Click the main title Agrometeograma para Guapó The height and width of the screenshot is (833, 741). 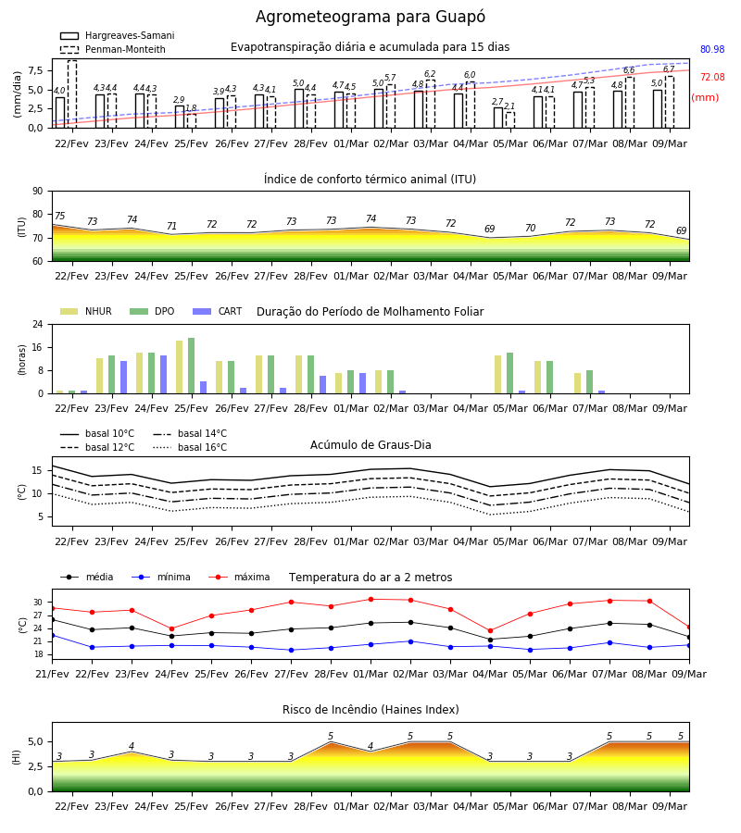click(x=370, y=17)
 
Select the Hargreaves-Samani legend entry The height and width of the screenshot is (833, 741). click(x=118, y=35)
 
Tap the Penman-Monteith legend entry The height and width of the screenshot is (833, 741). click(x=113, y=49)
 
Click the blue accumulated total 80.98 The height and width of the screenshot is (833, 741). click(x=712, y=49)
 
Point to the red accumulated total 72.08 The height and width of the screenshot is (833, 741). click(x=712, y=77)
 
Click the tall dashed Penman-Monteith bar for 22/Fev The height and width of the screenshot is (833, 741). click(x=72, y=94)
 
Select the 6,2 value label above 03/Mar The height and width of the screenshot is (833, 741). click(x=430, y=74)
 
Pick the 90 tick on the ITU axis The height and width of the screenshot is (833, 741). click(x=38, y=192)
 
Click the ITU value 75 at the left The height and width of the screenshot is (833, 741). click(x=59, y=216)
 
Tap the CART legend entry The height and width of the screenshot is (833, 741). click(x=218, y=311)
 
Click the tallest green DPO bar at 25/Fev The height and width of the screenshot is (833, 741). click(x=192, y=366)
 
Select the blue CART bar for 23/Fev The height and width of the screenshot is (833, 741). click(x=124, y=378)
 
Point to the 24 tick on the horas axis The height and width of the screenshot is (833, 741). click(x=38, y=324)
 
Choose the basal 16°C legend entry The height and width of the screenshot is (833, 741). click(x=190, y=447)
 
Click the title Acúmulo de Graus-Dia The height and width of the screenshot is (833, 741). click(x=370, y=444)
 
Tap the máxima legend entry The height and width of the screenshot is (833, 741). click(x=239, y=577)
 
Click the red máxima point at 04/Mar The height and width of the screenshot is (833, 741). click(x=490, y=631)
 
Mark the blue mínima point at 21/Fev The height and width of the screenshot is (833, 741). click(x=52, y=635)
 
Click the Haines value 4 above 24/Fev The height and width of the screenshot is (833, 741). click(x=132, y=746)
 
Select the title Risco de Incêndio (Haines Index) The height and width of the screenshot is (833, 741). click(x=370, y=710)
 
